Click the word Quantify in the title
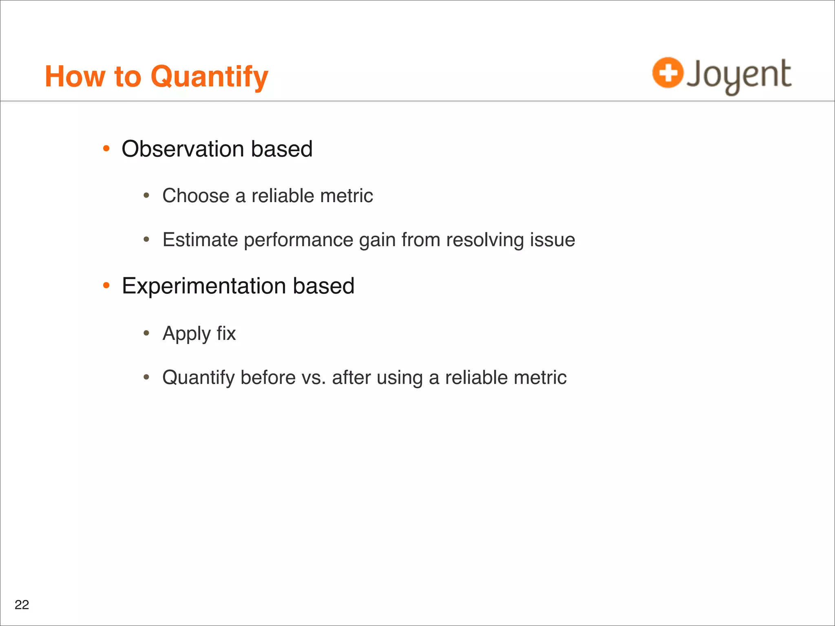(x=209, y=77)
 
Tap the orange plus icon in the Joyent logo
(x=667, y=73)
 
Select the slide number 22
(x=22, y=605)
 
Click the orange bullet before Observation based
(x=106, y=149)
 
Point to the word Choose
(x=196, y=196)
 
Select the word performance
(x=298, y=240)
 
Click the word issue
(x=552, y=240)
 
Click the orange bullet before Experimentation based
(x=106, y=286)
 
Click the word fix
(x=226, y=333)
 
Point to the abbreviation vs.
(x=314, y=377)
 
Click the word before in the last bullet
(x=268, y=377)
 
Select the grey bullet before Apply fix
(x=146, y=333)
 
